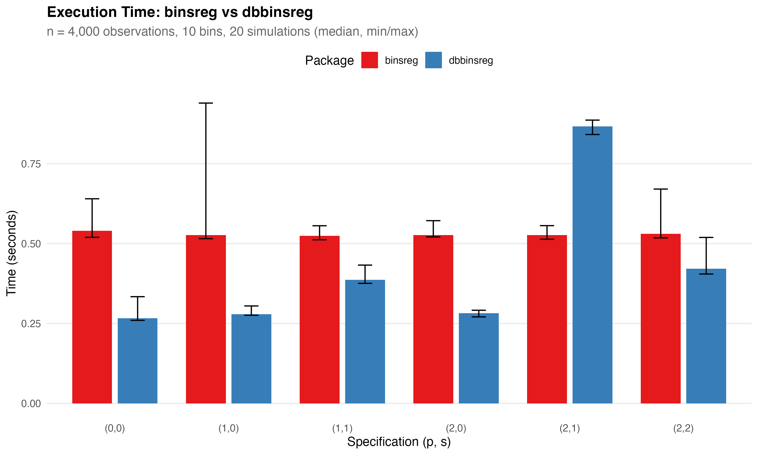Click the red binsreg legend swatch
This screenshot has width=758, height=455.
(x=369, y=60)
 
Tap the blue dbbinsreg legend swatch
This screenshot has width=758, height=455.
(x=433, y=60)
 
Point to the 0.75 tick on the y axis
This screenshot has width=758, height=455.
(x=31, y=164)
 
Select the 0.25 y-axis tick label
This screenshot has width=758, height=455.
(x=31, y=324)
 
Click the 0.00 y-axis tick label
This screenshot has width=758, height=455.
(x=31, y=403)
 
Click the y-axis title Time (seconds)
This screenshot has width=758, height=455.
(x=11, y=253)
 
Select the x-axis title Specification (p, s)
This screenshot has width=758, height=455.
(x=399, y=442)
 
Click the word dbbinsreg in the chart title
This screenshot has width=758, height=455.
(x=277, y=12)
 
